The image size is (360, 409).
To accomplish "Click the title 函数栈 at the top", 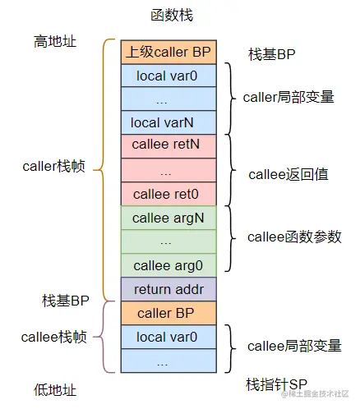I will pos(172,15).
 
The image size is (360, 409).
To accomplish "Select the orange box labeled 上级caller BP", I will pos(168,52).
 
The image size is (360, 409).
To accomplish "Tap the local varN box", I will pos(168,123).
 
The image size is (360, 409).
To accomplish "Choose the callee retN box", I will pos(168,147).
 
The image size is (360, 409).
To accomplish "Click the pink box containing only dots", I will pos(168,171).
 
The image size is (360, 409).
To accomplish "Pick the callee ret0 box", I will pos(168,195).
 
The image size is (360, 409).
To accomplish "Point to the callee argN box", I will pos(168,218).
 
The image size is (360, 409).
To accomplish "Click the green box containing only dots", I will pos(168,242).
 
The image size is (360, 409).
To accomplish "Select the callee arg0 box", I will pos(168,265).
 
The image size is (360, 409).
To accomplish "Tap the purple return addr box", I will pos(168,289).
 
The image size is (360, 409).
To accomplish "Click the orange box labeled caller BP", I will pos(168,313).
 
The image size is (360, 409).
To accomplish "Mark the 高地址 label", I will pos(55,41).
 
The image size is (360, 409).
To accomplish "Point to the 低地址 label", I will pos(55,388).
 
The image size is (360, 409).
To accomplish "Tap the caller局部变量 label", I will pos(288,97).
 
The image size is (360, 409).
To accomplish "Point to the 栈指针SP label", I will pos(275,384).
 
